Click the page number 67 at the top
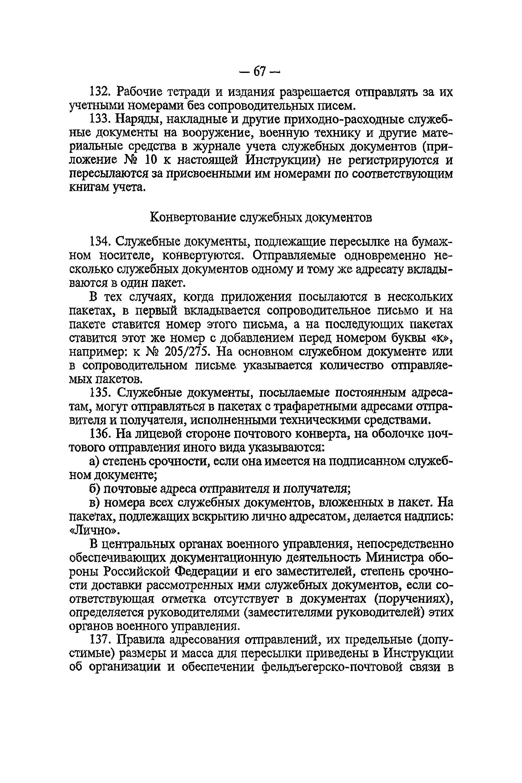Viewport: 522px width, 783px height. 260,71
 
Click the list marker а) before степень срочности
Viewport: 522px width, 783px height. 94,461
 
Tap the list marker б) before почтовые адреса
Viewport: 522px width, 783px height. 94,489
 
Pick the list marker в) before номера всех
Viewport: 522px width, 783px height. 94,502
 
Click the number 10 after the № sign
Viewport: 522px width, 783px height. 151,160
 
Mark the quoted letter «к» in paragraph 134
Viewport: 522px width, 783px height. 442,338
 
